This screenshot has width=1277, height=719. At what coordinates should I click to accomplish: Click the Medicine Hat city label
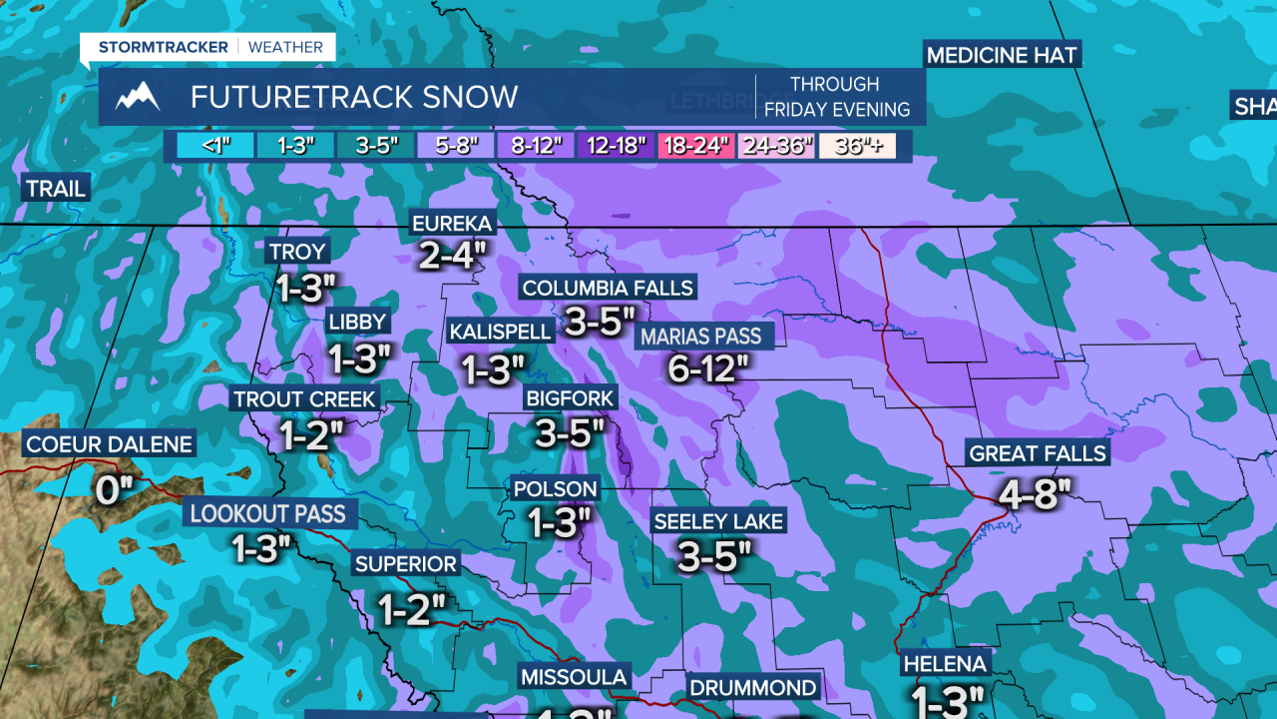pos(1002,55)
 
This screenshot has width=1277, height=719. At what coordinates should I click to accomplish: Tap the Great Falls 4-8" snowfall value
pos(1035,492)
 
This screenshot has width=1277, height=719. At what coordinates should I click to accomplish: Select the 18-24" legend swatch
pos(696,146)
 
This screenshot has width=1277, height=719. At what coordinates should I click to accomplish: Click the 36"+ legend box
pos(857,146)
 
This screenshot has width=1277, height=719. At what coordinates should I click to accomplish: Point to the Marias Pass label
pos(700,337)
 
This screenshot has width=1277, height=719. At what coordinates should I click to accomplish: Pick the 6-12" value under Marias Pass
pos(707,369)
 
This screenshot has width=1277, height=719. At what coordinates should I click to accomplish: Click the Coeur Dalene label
pos(109,444)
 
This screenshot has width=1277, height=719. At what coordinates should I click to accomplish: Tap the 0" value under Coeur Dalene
pos(114,490)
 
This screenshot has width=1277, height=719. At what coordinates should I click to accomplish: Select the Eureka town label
pos(452,223)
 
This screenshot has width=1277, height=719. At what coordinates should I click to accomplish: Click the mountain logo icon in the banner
pos(138,97)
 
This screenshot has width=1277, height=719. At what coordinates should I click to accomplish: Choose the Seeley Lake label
pos(718,521)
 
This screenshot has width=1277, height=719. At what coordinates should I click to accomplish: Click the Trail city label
pos(56,189)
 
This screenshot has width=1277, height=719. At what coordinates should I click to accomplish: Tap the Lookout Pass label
pos(267,514)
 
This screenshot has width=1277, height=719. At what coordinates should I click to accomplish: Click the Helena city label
pos(944,664)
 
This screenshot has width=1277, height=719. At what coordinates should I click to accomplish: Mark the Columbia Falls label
pos(607,289)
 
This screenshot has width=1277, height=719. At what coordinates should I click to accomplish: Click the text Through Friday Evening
pos(836,97)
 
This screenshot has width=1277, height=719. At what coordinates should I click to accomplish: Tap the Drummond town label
pos(753,688)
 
